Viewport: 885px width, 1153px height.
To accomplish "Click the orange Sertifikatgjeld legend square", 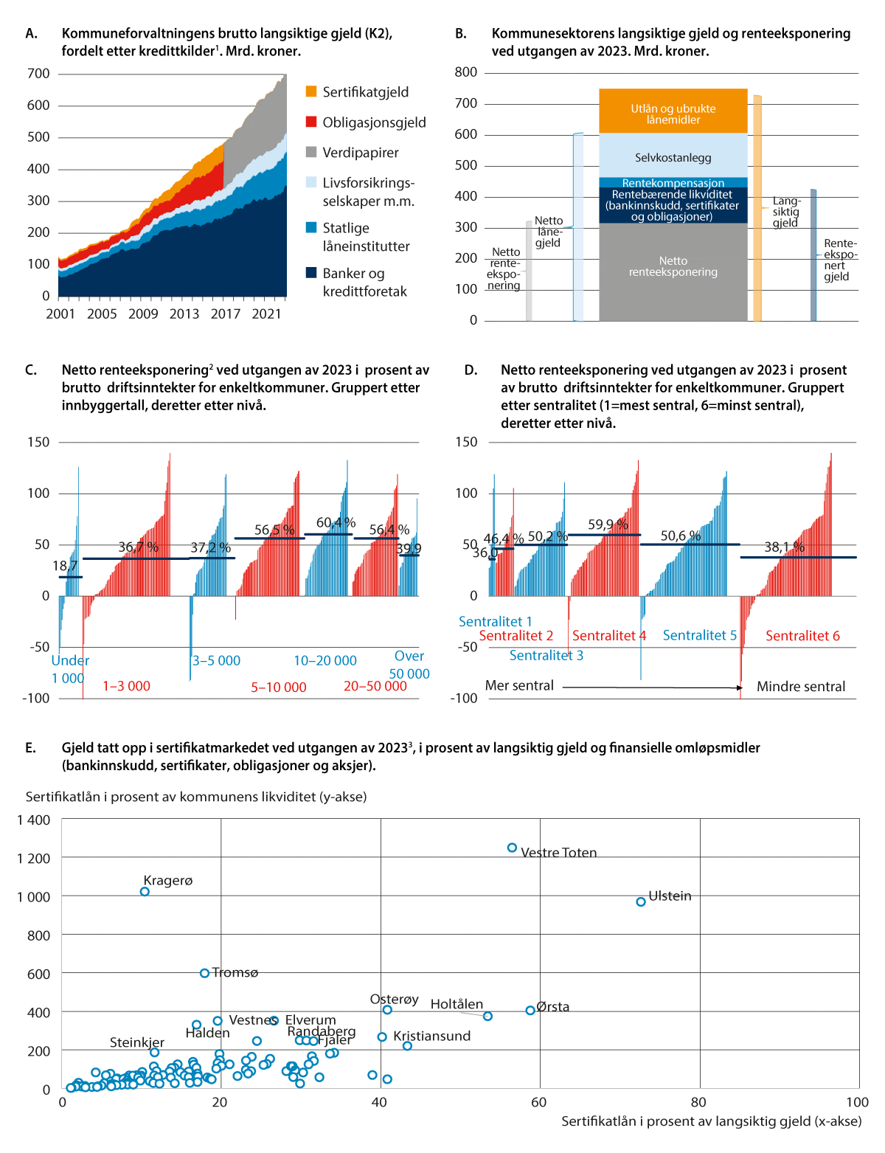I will pos(311,91).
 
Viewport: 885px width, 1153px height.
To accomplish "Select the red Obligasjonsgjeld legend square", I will pos(311,122).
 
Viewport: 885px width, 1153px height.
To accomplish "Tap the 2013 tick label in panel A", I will pos(184,314).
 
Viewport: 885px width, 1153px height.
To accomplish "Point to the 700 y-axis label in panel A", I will pos(38,74).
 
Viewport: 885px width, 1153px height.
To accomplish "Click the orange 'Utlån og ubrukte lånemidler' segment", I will pos(673,111).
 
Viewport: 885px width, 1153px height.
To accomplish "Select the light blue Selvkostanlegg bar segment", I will pos(673,156).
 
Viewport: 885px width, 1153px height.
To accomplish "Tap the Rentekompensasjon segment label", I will pos(673,183).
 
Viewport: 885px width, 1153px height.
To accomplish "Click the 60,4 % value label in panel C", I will pos(336,523).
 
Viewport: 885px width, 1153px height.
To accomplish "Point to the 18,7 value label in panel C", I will pos(65,566).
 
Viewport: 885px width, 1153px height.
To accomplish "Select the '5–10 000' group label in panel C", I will pos(278,688).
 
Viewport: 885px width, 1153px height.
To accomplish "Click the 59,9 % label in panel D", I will pos(608,525).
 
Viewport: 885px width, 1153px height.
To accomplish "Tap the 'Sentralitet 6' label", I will pos(802,636).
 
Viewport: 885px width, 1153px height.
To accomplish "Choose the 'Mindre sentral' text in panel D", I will pos(801,687).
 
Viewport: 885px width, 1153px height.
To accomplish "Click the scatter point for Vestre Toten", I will pos(512,848).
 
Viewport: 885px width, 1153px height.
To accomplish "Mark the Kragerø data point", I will pos(145,892).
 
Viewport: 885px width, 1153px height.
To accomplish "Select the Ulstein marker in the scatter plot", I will pos(641,902).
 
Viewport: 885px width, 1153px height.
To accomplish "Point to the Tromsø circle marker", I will pos(204,974).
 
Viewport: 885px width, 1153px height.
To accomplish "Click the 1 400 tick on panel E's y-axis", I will pos(34,820).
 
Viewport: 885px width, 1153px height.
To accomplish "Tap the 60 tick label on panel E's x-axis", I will pos(539,1102).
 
